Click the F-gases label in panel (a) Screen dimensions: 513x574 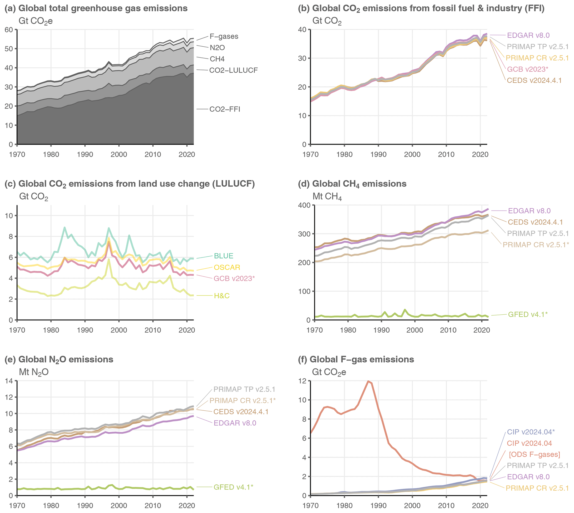(224, 37)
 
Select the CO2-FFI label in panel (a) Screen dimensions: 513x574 (225, 109)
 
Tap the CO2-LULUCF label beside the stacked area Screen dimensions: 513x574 (233, 70)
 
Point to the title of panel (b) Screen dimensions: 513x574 (421, 8)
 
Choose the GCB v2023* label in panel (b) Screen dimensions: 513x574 (527, 69)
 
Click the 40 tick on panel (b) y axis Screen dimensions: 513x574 (302, 30)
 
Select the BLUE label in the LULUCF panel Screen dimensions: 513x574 (223, 256)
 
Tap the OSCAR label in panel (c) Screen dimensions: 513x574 (227, 267)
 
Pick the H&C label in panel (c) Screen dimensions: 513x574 (222, 296)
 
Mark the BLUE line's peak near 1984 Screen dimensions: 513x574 (65, 227)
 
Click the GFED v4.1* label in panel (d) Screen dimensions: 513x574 (527, 315)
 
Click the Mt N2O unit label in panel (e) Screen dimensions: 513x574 (34, 372)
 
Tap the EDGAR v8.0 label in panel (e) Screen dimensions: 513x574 (235, 423)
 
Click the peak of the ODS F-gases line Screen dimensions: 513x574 (368, 381)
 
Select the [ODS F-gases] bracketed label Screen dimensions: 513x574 (534, 455)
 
